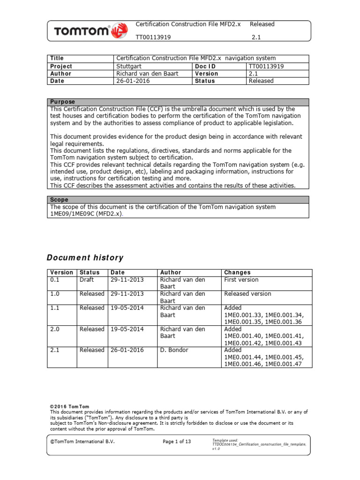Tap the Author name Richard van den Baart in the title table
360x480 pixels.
(x=147, y=74)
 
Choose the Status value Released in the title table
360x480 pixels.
(x=261, y=81)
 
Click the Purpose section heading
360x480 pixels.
(x=62, y=102)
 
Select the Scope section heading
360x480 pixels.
(x=60, y=200)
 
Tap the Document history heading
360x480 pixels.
(x=85, y=258)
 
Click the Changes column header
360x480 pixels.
(x=237, y=272)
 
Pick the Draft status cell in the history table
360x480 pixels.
(x=87, y=279)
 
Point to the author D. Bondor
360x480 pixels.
(x=176, y=350)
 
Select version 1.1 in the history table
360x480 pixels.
(x=55, y=308)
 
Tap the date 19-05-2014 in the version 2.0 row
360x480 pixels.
(x=127, y=329)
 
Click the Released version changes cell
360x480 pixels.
(x=247, y=294)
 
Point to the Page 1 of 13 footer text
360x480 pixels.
(x=177, y=442)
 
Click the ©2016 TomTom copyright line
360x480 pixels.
(x=69, y=406)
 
